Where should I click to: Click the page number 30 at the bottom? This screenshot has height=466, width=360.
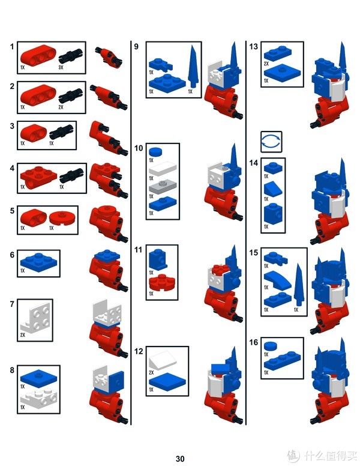point(180,459)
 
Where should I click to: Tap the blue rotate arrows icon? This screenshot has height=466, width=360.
point(271,142)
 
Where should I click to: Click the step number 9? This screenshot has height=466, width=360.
point(136,46)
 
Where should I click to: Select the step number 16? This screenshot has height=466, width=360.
point(253,342)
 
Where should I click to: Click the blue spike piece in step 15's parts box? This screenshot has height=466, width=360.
point(298,284)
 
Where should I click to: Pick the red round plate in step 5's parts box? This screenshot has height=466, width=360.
point(62,218)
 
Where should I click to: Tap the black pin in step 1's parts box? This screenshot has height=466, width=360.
point(70,56)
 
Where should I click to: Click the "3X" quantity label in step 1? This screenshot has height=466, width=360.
point(61,67)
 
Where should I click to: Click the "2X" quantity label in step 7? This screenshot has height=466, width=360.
point(23,335)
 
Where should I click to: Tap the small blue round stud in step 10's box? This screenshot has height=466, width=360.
point(155,152)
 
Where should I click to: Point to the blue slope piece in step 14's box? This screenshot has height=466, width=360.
point(273,189)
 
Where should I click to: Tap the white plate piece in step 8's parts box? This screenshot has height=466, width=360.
point(38,397)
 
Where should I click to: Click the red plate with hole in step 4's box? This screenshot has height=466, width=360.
point(38,176)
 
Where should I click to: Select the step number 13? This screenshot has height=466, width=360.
point(253,47)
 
